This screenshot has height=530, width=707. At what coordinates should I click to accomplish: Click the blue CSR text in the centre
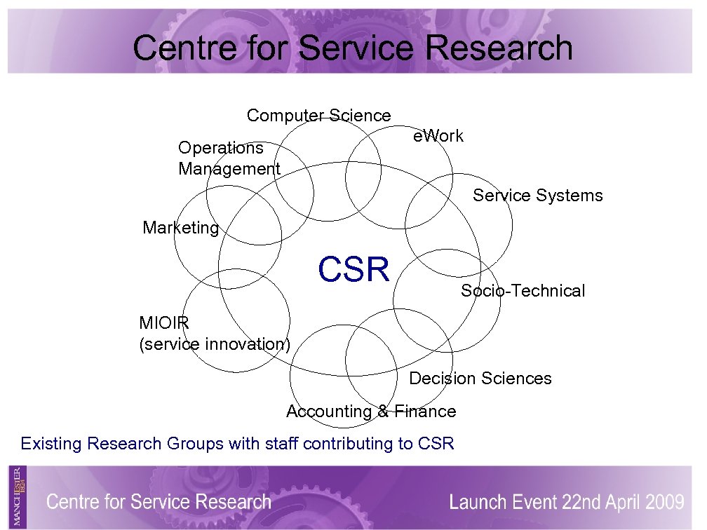click(353, 270)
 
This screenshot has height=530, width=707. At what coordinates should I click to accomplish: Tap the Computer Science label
click(318, 116)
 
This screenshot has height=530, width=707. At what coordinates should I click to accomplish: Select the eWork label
click(438, 136)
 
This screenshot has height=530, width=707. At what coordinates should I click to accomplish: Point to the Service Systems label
click(537, 196)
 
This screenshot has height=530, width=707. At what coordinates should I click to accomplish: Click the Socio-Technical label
click(523, 291)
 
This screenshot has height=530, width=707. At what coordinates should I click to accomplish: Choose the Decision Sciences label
click(480, 379)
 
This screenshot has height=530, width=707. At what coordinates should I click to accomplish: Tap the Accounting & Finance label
click(371, 412)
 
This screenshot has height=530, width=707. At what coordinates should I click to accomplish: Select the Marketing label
click(180, 228)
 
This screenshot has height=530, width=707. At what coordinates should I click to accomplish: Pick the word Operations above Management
click(220, 148)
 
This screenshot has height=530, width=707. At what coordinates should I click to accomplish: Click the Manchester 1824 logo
click(18, 496)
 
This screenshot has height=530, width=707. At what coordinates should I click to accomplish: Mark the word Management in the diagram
click(229, 169)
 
